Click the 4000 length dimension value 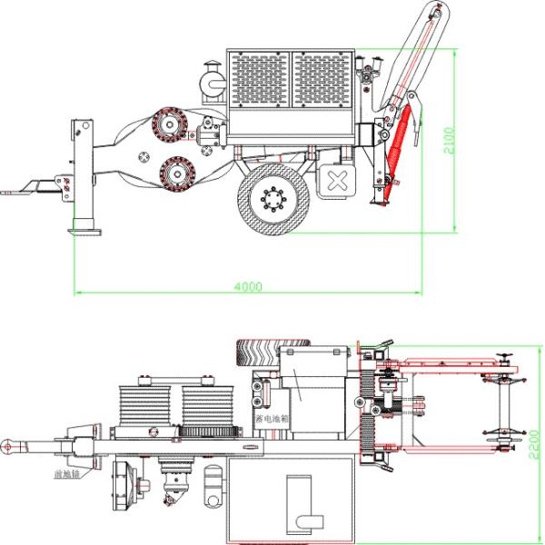[247, 286]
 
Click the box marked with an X [338, 181]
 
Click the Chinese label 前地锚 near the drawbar [67, 473]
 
